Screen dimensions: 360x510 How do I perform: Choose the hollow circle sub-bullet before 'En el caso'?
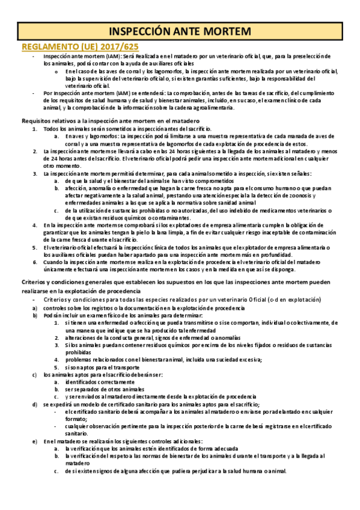56,71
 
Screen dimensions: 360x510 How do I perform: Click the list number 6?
35,262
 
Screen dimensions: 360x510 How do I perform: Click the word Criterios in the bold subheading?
37,284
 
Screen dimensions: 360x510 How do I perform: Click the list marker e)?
35,441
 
